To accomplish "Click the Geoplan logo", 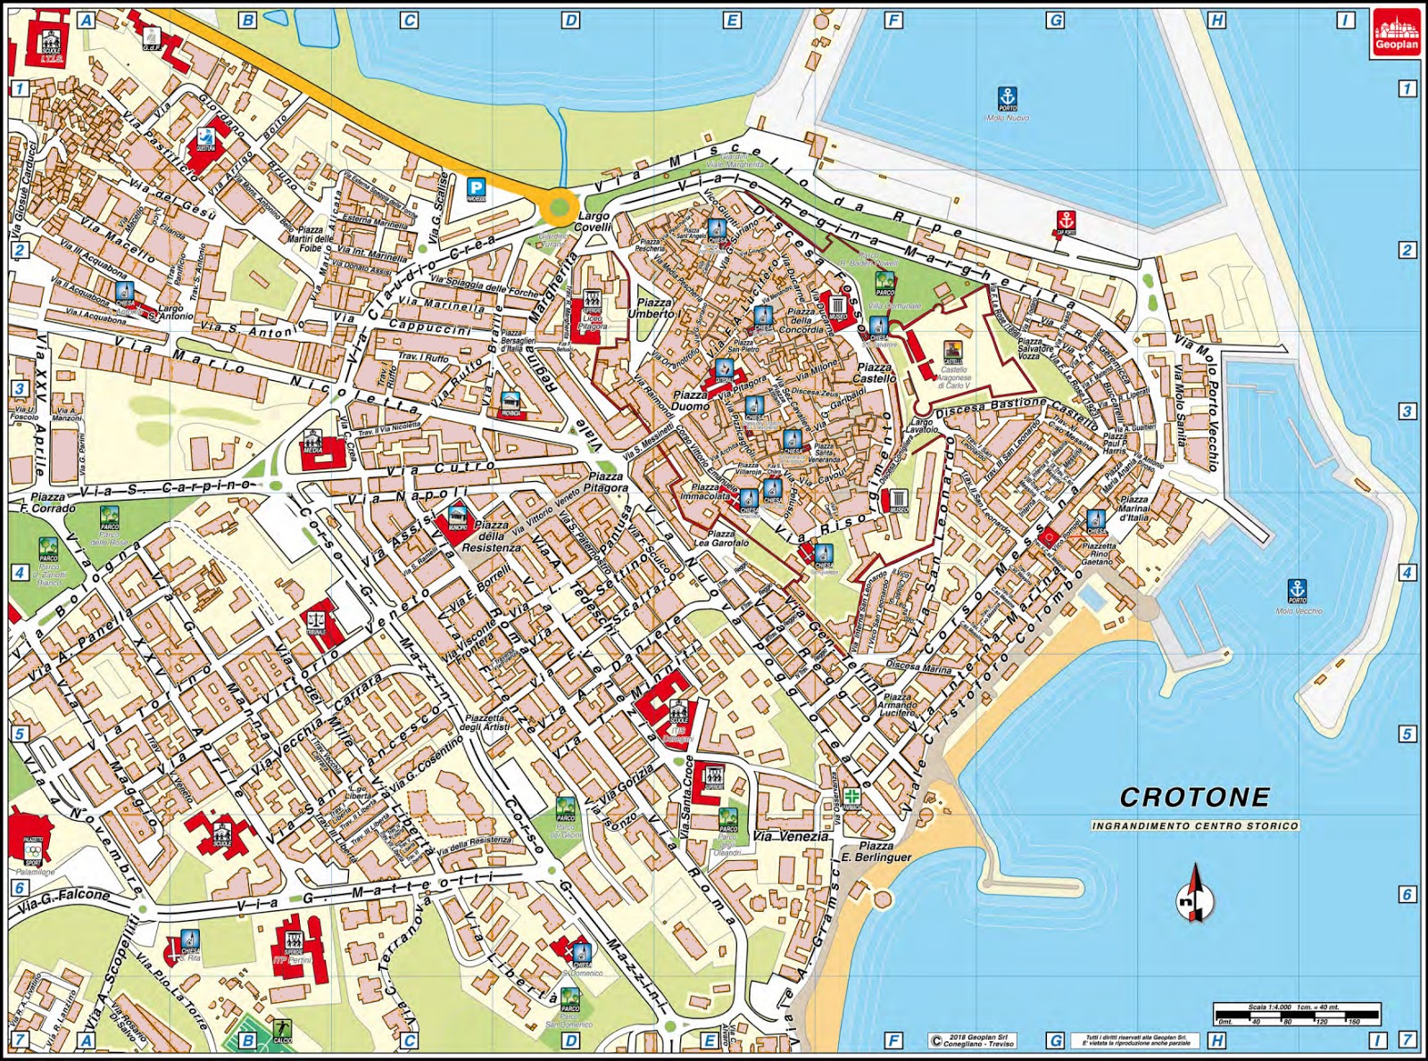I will click(x=1396, y=33).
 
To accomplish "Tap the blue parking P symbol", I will click(x=477, y=187).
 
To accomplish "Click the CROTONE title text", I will click(x=1194, y=797).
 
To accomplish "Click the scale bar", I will click(x=1296, y=1012).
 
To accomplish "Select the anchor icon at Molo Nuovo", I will click(x=1007, y=97).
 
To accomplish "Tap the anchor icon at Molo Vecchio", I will click(x=1297, y=590).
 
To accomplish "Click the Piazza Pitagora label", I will click(x=608, y=483).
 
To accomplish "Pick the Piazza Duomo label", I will click(x=690, y=401).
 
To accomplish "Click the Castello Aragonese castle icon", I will click(x=952, y=352).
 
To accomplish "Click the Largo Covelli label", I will click(x=594, y=221).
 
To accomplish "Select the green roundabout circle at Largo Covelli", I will click(x=559, y=207).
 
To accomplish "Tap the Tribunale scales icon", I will click(x=315, y=619).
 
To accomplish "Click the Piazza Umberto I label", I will click(x=654, y=309).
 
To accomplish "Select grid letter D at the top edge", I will click(x=570, y=20).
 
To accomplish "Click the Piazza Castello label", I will click(x=874, y=372).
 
